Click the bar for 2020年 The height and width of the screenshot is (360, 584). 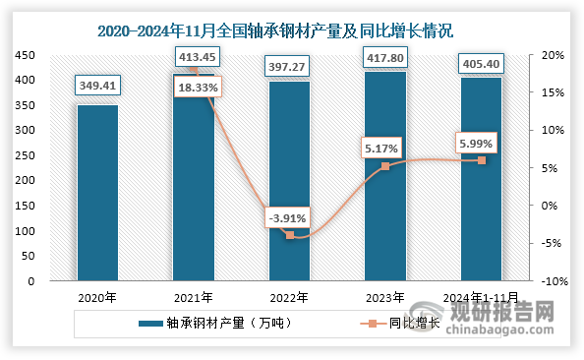[98, 193]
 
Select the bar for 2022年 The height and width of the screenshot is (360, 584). [290, 181]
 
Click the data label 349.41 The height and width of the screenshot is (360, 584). [98, 87]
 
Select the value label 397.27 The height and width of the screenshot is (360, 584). [290, 64]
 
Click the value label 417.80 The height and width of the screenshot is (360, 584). [385, 57]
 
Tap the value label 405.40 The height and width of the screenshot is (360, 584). [482, 64]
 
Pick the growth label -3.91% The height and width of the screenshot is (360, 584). [290, 217]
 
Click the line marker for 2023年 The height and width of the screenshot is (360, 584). [385, 166]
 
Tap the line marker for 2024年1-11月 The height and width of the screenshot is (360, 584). [482, 160]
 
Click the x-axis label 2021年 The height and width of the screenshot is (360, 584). [195, 296]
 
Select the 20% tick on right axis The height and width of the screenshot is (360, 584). [551, 55]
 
